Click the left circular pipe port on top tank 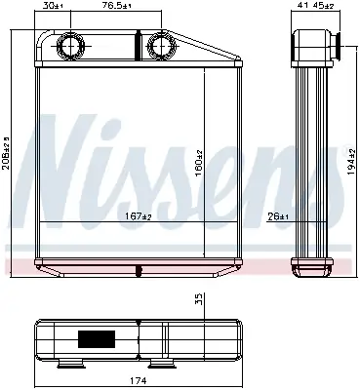[x=70, y=46]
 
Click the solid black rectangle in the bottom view [x=97, y=341]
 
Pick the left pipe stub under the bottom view [x=69, y=365]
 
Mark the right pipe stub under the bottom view [x=158, y=365]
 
